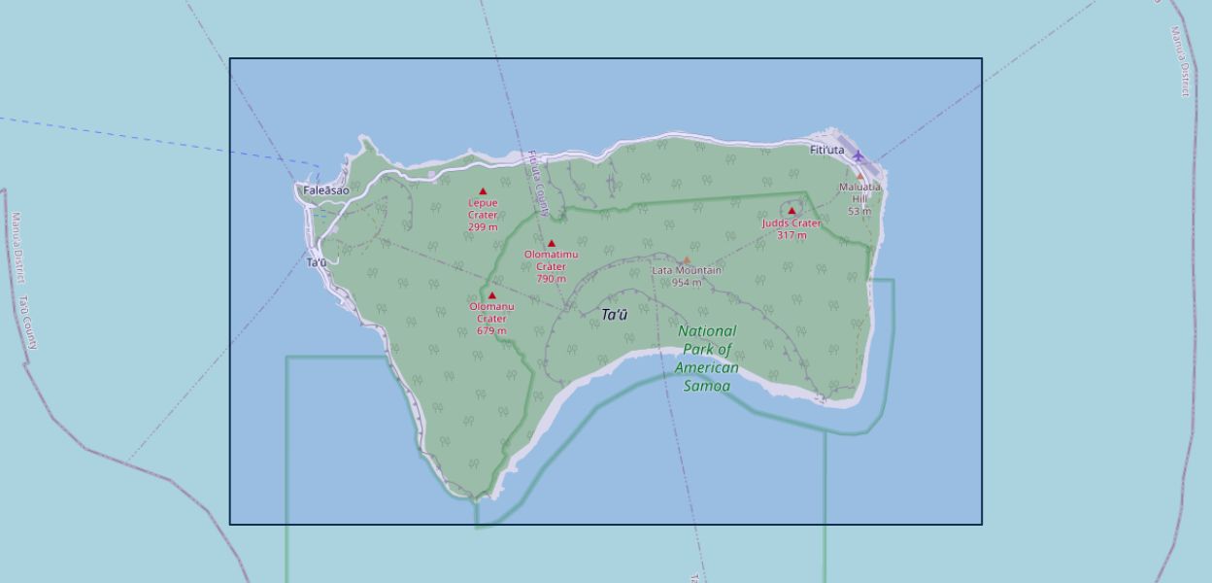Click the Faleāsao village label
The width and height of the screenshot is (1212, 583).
(325, 190)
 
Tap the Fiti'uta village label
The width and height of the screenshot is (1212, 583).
(827, 150)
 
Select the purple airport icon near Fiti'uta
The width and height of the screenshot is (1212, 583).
(858, 155)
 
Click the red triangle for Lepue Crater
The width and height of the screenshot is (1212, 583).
(483, 191)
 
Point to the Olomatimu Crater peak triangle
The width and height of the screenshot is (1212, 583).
(552, 244)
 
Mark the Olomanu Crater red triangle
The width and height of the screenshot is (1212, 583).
(491, 295)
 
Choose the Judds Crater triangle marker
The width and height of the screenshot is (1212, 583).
(791, 211)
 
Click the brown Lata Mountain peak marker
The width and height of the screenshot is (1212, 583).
(687, 260)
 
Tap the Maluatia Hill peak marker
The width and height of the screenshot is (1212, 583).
(859, 177)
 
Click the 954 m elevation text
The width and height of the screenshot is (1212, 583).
(687, 283)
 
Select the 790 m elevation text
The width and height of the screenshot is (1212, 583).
(551, 279)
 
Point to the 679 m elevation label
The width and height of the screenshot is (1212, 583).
(491, 331)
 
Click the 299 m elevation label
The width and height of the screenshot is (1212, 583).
(483, 227)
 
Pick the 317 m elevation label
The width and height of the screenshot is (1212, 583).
(791, 235)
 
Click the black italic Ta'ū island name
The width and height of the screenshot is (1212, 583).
(615, 315)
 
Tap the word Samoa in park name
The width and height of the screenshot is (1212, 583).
(706, 386)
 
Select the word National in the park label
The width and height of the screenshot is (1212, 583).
(707, 331)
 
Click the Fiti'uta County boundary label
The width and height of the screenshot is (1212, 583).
(539, 183)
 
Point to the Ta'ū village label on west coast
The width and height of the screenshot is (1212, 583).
(317, 262)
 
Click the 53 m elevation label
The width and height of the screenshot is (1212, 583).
(859, 211)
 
